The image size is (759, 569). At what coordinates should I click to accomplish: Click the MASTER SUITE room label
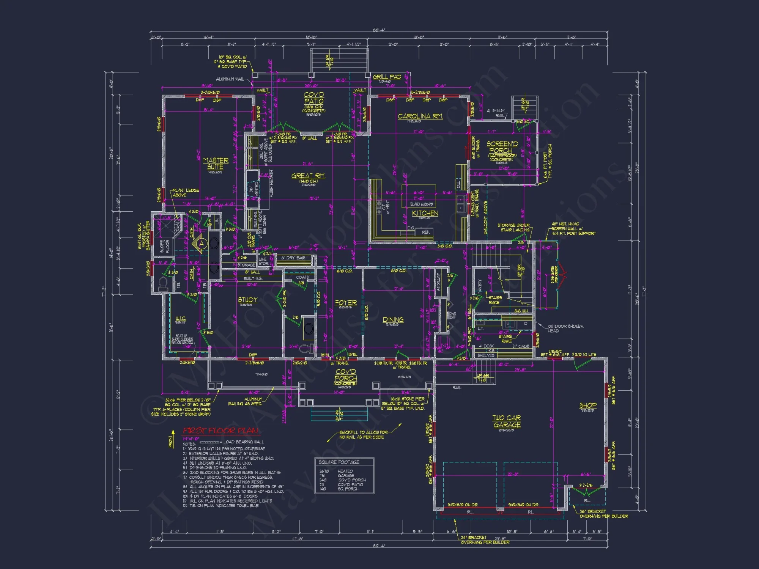[x=216, y=163]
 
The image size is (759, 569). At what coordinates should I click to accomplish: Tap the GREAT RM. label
[x=308, y=176]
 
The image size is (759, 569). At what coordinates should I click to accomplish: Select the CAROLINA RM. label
[x=420, y=116]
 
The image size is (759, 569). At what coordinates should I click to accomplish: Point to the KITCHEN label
[x=425, y=214]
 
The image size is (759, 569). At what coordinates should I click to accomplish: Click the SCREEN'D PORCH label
[x=502, y=147]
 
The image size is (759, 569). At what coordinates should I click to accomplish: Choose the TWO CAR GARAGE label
[x=507, y=421]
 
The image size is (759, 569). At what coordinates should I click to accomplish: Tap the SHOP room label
[x=588, y=406]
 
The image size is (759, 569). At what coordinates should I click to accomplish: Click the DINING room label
[x=393, y=320]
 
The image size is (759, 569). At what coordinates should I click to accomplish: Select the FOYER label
[x=346, y=303]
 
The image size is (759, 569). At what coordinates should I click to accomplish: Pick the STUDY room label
[x=247, y=300]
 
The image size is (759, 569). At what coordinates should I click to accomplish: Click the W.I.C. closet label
[x=181, y=318]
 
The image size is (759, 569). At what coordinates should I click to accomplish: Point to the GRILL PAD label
[x=387, y=77]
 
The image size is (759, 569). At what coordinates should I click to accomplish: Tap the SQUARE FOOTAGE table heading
[x=339, y=462]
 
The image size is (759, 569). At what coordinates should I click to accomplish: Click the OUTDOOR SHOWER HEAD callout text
[x=565, y=329]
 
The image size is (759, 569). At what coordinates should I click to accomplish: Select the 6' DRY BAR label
[x=293, y=258]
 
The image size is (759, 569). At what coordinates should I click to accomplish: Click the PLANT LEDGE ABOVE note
[x=185, y=193]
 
